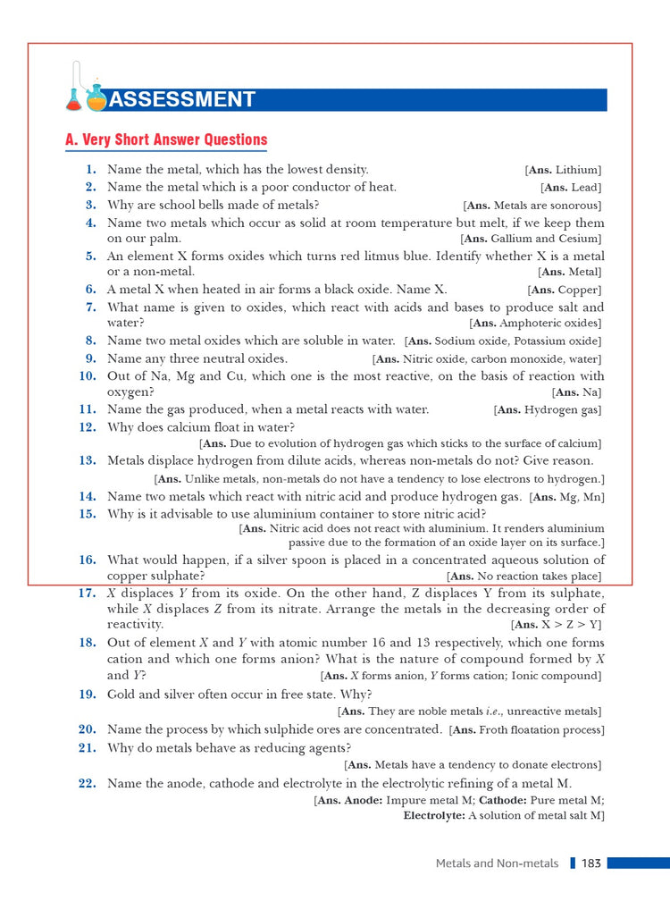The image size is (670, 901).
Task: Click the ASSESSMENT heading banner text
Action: (184, 99)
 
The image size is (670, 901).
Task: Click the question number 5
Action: (91, 256)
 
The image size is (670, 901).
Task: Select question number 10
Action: (88, 376)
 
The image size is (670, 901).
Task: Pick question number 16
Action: (88, 560)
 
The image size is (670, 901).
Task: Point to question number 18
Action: (88, 643)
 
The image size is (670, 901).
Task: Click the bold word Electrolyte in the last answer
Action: (434, 816)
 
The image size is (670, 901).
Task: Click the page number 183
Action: (590, 863)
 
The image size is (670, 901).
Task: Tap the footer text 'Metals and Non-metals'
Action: (497, 863)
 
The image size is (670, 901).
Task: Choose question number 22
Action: (88, 784)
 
